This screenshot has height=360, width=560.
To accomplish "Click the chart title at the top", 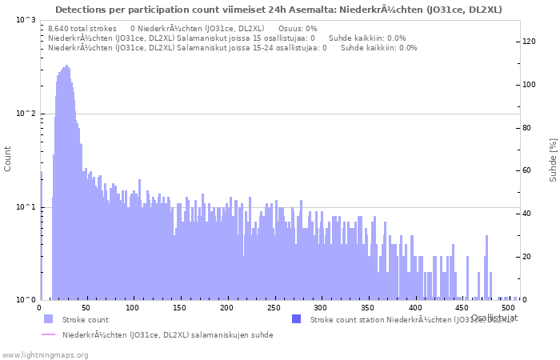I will coord(279,10).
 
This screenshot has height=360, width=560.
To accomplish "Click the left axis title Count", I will coord(8,159).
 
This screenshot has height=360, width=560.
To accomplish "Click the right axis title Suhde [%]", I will coord(553,159).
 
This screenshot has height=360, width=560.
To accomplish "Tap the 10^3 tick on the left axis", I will coord(26,20).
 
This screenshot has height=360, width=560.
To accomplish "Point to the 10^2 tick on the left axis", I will coord(26,114).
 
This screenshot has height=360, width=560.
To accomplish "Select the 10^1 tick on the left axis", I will coord(26,207).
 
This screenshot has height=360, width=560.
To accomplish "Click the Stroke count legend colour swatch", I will coord(48,319).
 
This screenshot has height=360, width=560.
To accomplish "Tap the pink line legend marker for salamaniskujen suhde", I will coord(48,334).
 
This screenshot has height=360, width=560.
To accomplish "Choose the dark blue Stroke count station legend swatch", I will coord(296,319).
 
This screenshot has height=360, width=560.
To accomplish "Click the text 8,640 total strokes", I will coord(82,29).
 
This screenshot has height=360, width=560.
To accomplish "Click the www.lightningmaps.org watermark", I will coord(44,354).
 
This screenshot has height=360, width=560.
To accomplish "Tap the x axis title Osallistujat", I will coord(494,318).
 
